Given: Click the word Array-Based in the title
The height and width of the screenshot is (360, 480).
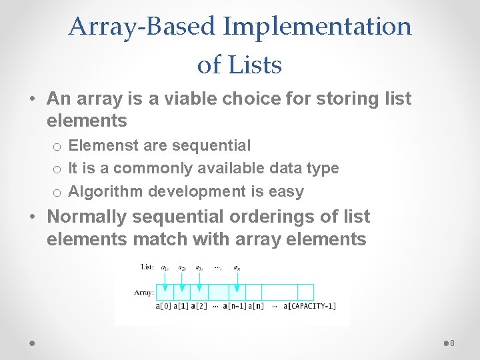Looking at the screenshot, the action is coord(142,27).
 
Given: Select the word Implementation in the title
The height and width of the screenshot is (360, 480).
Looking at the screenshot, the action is coord(317,27).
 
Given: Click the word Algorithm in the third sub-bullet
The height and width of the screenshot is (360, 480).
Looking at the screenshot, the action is coord(105,191).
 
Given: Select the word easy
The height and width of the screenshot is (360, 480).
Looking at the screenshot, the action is coord(286,191).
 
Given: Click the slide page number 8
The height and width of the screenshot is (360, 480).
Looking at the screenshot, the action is coord(452,343).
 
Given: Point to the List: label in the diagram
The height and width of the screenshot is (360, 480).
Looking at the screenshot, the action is coord(147,267).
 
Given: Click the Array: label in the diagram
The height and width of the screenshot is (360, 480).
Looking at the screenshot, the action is coord(144,291).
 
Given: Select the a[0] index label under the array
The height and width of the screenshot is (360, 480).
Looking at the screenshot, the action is coord(164,306).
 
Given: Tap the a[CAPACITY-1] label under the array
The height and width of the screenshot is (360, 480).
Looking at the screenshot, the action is coord(309,306).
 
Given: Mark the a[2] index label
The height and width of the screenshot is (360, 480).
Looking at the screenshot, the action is coord(199,306).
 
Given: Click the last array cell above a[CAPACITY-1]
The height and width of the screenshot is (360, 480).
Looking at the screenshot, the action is coord(305,292).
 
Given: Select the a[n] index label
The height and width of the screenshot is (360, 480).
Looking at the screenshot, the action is coord(257,306).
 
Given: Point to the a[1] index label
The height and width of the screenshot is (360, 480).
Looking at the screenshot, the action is coord(181,306).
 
